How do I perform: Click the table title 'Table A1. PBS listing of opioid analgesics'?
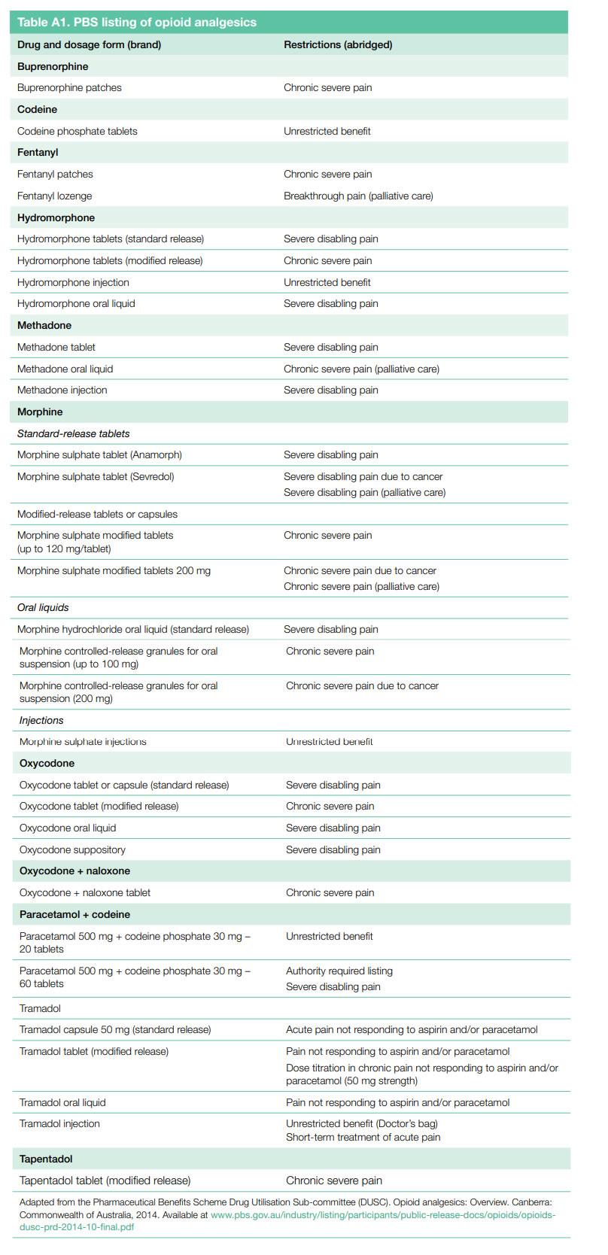pyautogui.click(x=137, y=23)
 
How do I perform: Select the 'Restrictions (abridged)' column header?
pyautogui.click(x=338, y=44)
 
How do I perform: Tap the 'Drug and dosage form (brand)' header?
pyautogui.click(x=89, y=44)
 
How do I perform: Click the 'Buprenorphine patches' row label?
pyautogui.click(x=69, y=87)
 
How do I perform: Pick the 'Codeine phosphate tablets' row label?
pyautogui.click(x=78, y=131)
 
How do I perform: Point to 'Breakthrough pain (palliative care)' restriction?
pyautogui.click(x=358, y=196)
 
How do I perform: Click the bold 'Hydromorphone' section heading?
pyautogui.click(x=56, y=217)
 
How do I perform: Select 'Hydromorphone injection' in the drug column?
pyautogui.click(x=73, y=282)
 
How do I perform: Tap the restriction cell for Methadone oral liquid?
pyautogui.click(x=361, y=369)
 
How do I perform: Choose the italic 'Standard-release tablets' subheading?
pyautogui.click(x=73, y=433)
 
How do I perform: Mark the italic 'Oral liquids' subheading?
pyautogui.click(x=43, y=607)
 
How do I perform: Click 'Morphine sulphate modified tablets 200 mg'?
pyautogui.click(x=114, y=570)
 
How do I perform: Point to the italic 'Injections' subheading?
pyautogui.click(x=41, y=720)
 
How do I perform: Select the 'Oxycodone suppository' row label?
pyautogui.click(x=72, y=849)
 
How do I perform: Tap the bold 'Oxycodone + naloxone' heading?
pyautogui.click(x=74, y=871)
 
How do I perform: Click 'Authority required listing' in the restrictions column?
pyautogui.click(x=339, y=971)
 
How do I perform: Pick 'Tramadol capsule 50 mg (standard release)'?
pyautogui.click(x=115, y=1029)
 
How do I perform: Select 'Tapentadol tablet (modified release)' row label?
pyautogui.click(x=105, y=1181)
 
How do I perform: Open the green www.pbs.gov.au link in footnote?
pyautogui.click(x=382, y=1214)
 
